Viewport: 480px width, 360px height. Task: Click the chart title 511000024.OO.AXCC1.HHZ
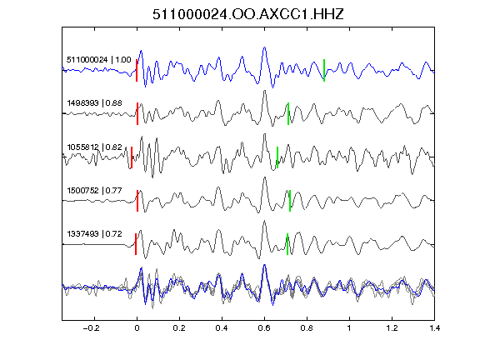[x=248, y=14]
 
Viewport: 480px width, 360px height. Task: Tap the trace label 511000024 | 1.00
[x=99, y=60]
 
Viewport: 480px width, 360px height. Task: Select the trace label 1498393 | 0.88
[x=94, y=103]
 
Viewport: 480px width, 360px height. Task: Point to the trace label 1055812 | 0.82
[x=94, y=147]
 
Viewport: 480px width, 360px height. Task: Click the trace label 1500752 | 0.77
[x=94, y=191]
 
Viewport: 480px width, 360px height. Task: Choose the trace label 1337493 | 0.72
[x=94, y=234]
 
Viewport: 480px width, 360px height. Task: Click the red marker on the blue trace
[x=137, y=70]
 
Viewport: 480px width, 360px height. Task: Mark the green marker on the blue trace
[x=324, y=70]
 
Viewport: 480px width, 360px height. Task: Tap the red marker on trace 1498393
[x=137, y=113]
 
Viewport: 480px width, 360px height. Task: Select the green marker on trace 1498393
[x=288, y=113]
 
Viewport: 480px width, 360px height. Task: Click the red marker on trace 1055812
[x=132, y=157]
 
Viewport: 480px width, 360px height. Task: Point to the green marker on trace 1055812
[x=277, y=157]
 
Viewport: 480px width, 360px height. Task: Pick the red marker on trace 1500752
[x=137, y=201]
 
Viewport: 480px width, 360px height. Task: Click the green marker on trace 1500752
[x=290, y=201]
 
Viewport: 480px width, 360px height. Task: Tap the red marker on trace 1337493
[x=136, y=244]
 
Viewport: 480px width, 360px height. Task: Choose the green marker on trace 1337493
[x=287, y=244]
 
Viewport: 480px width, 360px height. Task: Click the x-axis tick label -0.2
[x=91, y=328]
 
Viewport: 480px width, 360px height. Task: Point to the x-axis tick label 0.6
[x=264, y=328]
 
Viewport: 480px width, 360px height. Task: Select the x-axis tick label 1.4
[x=434, y=328]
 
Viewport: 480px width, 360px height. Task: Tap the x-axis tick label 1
[x=349, y=328]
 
